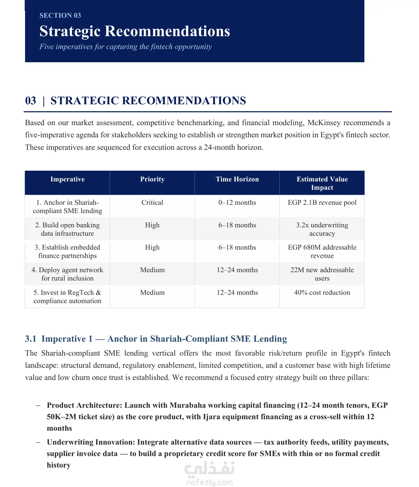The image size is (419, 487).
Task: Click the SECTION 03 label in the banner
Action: [60, 15]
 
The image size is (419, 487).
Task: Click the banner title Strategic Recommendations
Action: [135, 31]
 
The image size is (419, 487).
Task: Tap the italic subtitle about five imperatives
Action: [126, 47]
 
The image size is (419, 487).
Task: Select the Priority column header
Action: [152, 179]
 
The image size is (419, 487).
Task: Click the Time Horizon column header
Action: [237, 179]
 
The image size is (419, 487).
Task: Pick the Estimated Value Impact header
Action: [322, 183]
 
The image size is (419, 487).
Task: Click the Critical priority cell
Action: [152, 203]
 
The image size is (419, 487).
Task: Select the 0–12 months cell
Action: [237, 203]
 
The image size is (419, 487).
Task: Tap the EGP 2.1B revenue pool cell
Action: [322, 203]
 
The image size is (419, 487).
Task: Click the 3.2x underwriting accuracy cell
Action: [322, 229]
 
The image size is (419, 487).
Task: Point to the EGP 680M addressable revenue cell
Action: [322, 252]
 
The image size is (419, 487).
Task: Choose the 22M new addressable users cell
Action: [322, 274]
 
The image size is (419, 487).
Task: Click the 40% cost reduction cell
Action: [322, 293]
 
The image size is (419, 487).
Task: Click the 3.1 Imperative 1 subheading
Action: [156, 339]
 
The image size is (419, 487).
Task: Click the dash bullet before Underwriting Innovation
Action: [38, 442]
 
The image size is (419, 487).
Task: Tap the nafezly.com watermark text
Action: [209, 482]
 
